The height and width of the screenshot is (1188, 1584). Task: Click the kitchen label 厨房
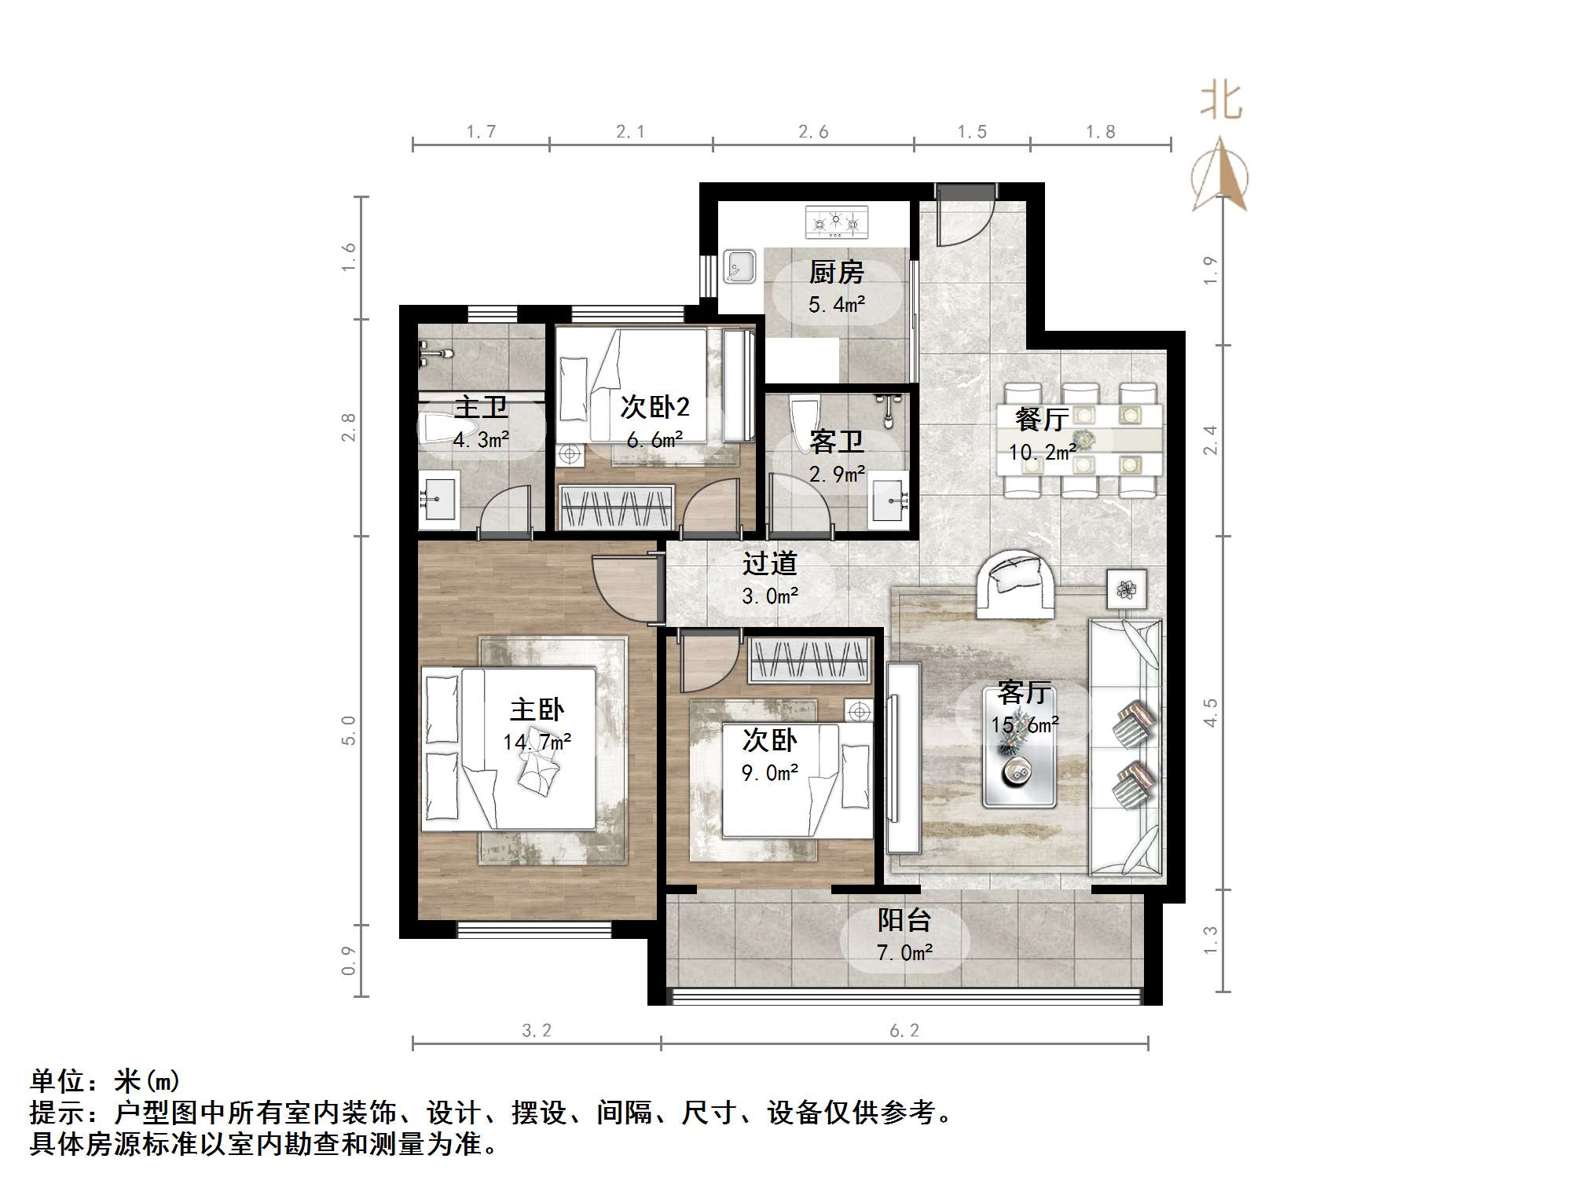point(837,273)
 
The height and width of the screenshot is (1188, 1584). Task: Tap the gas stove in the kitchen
point(837,222)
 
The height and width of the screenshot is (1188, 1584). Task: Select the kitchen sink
point(739,266)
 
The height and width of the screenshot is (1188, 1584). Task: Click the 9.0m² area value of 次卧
point(770,773)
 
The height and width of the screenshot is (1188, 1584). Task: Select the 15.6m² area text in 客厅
point(1025,724)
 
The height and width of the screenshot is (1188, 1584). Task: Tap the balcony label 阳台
point(904,919)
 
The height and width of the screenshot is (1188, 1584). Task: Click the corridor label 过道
point(770,563)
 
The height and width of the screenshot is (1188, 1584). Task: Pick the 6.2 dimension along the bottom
point(904,1030)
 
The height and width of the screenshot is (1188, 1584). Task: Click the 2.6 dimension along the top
point(813,132)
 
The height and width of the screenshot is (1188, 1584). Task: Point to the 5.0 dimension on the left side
point(349,730)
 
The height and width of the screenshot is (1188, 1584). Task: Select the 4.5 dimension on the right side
point(1211,713)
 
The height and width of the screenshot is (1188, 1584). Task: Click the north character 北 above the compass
point(1221,102)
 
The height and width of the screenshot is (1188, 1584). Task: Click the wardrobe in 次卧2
point(616,507)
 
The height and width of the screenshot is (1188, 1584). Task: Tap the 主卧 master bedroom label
point(537,709)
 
